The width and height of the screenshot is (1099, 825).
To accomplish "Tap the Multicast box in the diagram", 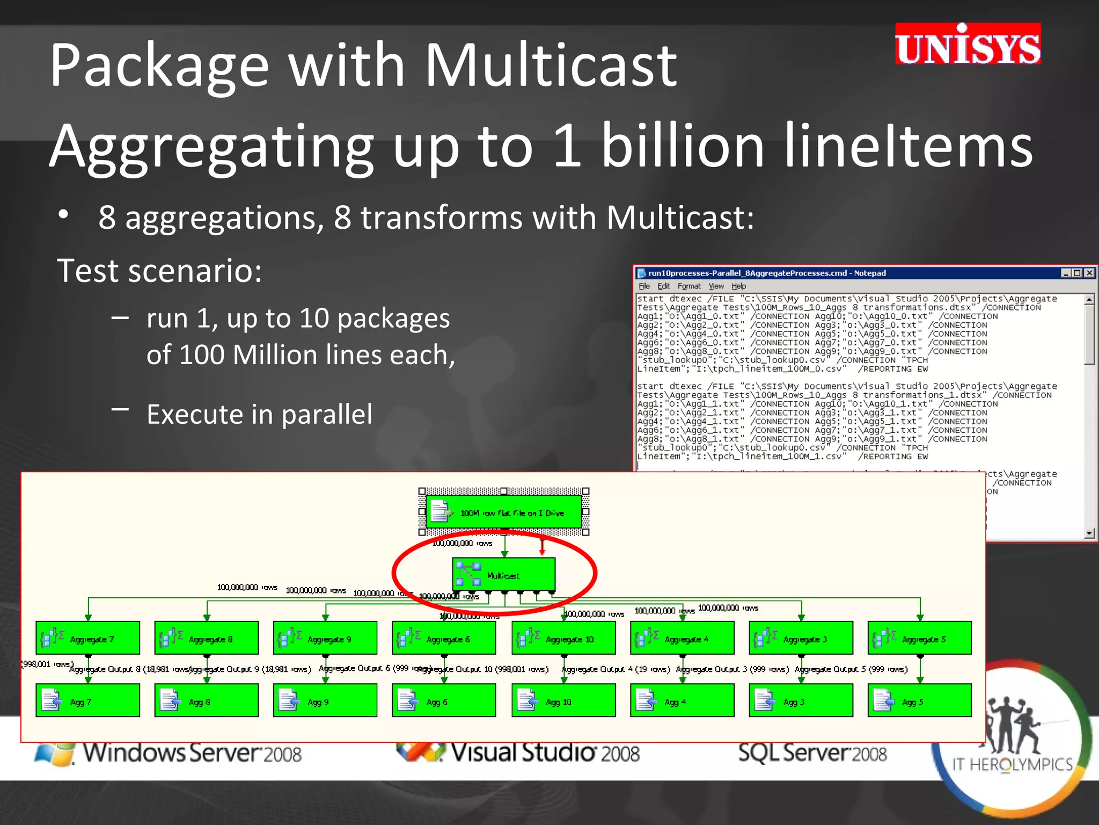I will pyautogui.click(x=503, y=574).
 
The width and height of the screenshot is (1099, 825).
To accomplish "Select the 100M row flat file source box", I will pyautogui.click(x=503, y=512).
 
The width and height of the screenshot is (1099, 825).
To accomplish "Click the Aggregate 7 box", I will pyautogui.click(x=87, y=638).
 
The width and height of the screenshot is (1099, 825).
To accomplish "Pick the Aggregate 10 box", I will pyautogui.click(x=563, y=638).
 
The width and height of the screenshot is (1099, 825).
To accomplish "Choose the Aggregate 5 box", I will pyautogui.click(x=919, y=638).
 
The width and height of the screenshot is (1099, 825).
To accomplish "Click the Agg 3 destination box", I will pyautogui.click(x=801, y=700).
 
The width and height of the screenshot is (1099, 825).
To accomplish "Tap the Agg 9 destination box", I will pyautogui.click(x=325, y=700).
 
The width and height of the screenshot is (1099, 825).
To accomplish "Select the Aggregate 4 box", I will pyautogui.click(x=682, y=638).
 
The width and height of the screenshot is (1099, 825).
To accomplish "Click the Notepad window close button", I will pyautogui.click(x=1089, y=273).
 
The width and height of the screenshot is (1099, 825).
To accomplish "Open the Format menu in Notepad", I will pyautogui.click(x=688, y=286).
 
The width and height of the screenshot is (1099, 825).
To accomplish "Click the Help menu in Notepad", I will pyautogui.click(x=738, y=286).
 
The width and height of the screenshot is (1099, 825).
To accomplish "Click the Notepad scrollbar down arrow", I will pyautogui.click(x=1089, y=533).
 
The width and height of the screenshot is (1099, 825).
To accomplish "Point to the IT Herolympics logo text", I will pyautogui.click(x=1012, y=764).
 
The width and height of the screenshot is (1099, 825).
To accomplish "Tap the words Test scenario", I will pyautogui.click(x=159, y=270).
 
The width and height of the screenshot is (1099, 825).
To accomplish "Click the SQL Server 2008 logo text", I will pyautogui.click(x=812, y=752).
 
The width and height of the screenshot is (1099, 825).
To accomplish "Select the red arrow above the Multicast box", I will pyautogui.click(x=542, y=547).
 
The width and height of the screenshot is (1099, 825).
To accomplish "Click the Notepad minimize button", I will pyautogui.click(x=1066, y=273).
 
